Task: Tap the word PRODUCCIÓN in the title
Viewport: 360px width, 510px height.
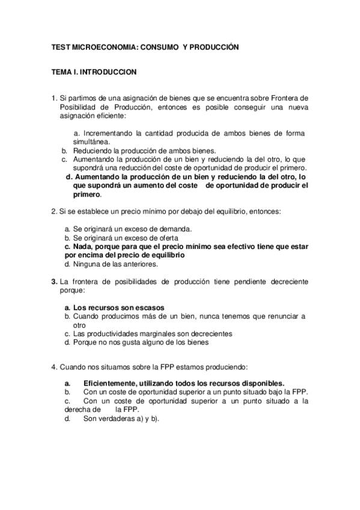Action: (x=214, y=46)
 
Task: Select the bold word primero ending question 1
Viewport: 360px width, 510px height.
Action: (x=87, y=195)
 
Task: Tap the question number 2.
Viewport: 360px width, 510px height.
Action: (x=53, y=212)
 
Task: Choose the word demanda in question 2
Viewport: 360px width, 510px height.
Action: (x=173, y=229)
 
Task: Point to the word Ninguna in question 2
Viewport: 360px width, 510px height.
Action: (x=85, y=263)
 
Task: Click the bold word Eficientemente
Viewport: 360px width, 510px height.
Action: (x=111, y=383)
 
